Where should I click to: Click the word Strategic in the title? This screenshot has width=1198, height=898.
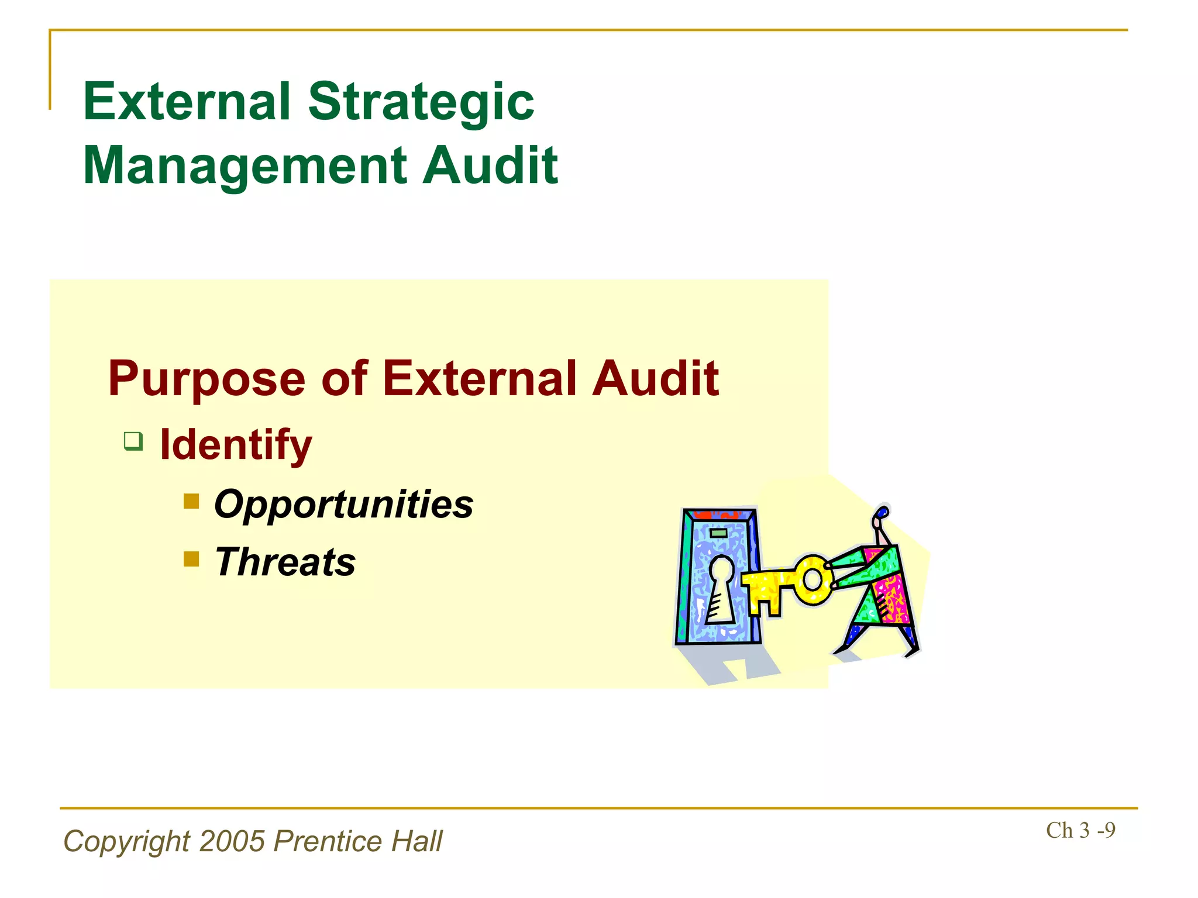pos(421,102)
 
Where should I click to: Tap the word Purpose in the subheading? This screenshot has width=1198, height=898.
pos(206,380)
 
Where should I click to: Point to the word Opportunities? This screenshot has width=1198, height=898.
pos(344,505)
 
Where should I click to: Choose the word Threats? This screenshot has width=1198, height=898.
pos(285,562)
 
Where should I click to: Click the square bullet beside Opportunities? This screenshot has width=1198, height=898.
pos(191,501)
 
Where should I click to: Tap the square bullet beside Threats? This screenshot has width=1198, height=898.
pos(191,559)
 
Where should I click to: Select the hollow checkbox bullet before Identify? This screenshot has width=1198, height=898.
pos(133,441)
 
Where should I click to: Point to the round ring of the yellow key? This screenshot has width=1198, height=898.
pos(813,580)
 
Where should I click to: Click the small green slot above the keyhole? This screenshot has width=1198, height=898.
pos(718,533)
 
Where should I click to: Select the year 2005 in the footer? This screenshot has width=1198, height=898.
pos(233,842)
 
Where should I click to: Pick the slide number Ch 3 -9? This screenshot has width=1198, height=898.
pos(1080,831)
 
